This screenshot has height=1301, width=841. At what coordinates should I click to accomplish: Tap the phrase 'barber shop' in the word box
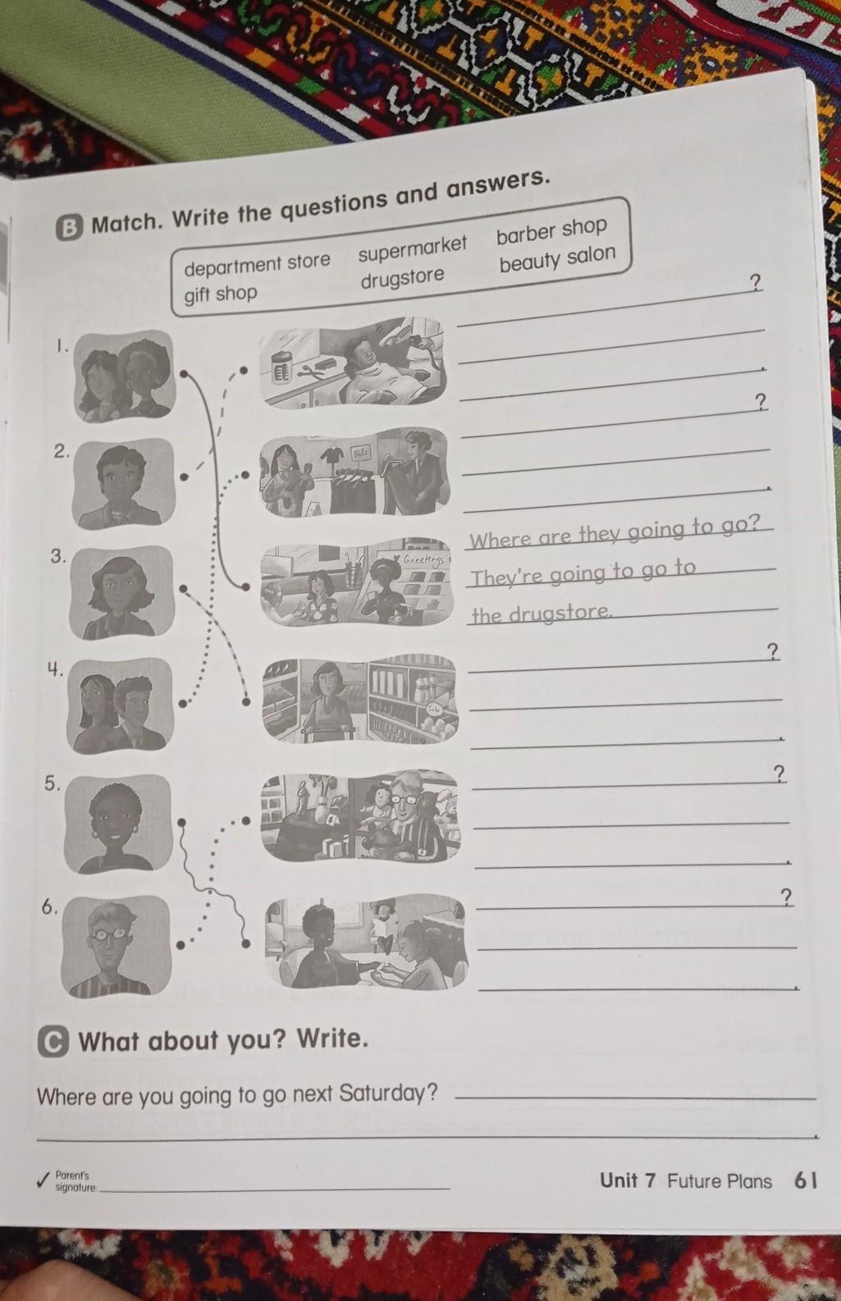[x=551, y=230]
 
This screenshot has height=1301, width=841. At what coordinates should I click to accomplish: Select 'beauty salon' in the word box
[x=558, y=259]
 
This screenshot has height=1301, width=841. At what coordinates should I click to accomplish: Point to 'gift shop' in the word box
[x=221, y=294]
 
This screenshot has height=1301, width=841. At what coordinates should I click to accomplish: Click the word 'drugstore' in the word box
[x=403, y=277]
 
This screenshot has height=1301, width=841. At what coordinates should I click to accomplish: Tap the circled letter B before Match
[x=70, y=228]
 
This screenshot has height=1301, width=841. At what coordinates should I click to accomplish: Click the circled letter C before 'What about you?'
[x=53, y=1042]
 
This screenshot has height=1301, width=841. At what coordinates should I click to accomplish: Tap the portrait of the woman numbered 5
[x=118, y=824]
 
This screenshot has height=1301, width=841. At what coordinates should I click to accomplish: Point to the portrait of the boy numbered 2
[x=123, y=482]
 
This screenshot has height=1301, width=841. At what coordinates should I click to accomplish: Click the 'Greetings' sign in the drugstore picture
[x=424, y=559]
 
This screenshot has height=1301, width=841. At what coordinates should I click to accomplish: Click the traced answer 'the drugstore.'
[x=542, y=614]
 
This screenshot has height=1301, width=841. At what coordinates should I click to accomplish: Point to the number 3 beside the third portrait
[x=57, y=556]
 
